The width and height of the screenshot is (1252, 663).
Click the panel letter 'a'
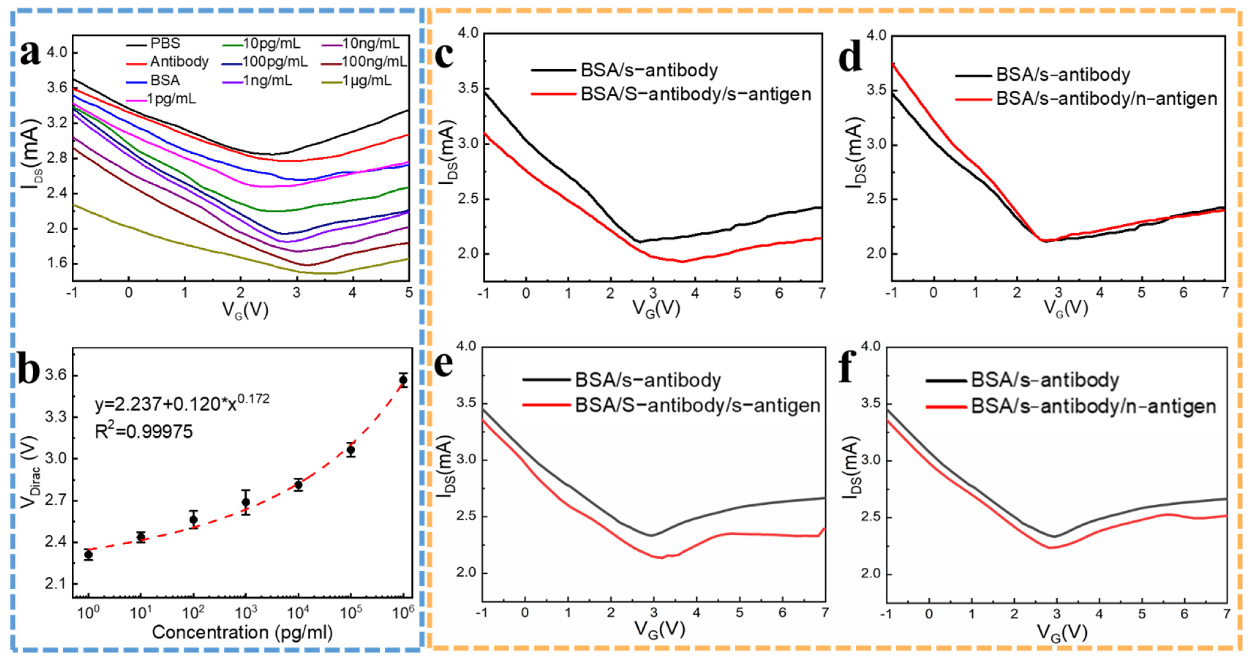pyautogui.click(x=30, y=53)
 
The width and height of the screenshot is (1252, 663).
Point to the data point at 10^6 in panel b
pyautogui.click(x=403, y=380)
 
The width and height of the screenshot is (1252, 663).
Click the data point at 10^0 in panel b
pyautogui.click(x=88, y=555)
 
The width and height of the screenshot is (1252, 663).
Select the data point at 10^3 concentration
pyautogui.click(x=246, y=502)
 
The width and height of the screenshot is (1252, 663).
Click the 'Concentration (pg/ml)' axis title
pyautogui.click(x=242, y=632)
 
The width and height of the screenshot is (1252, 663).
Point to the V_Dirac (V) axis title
pyautogui.click(x=30, y=472)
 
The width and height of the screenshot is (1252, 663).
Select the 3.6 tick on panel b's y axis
pyautogui.click(x=55, y=376)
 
